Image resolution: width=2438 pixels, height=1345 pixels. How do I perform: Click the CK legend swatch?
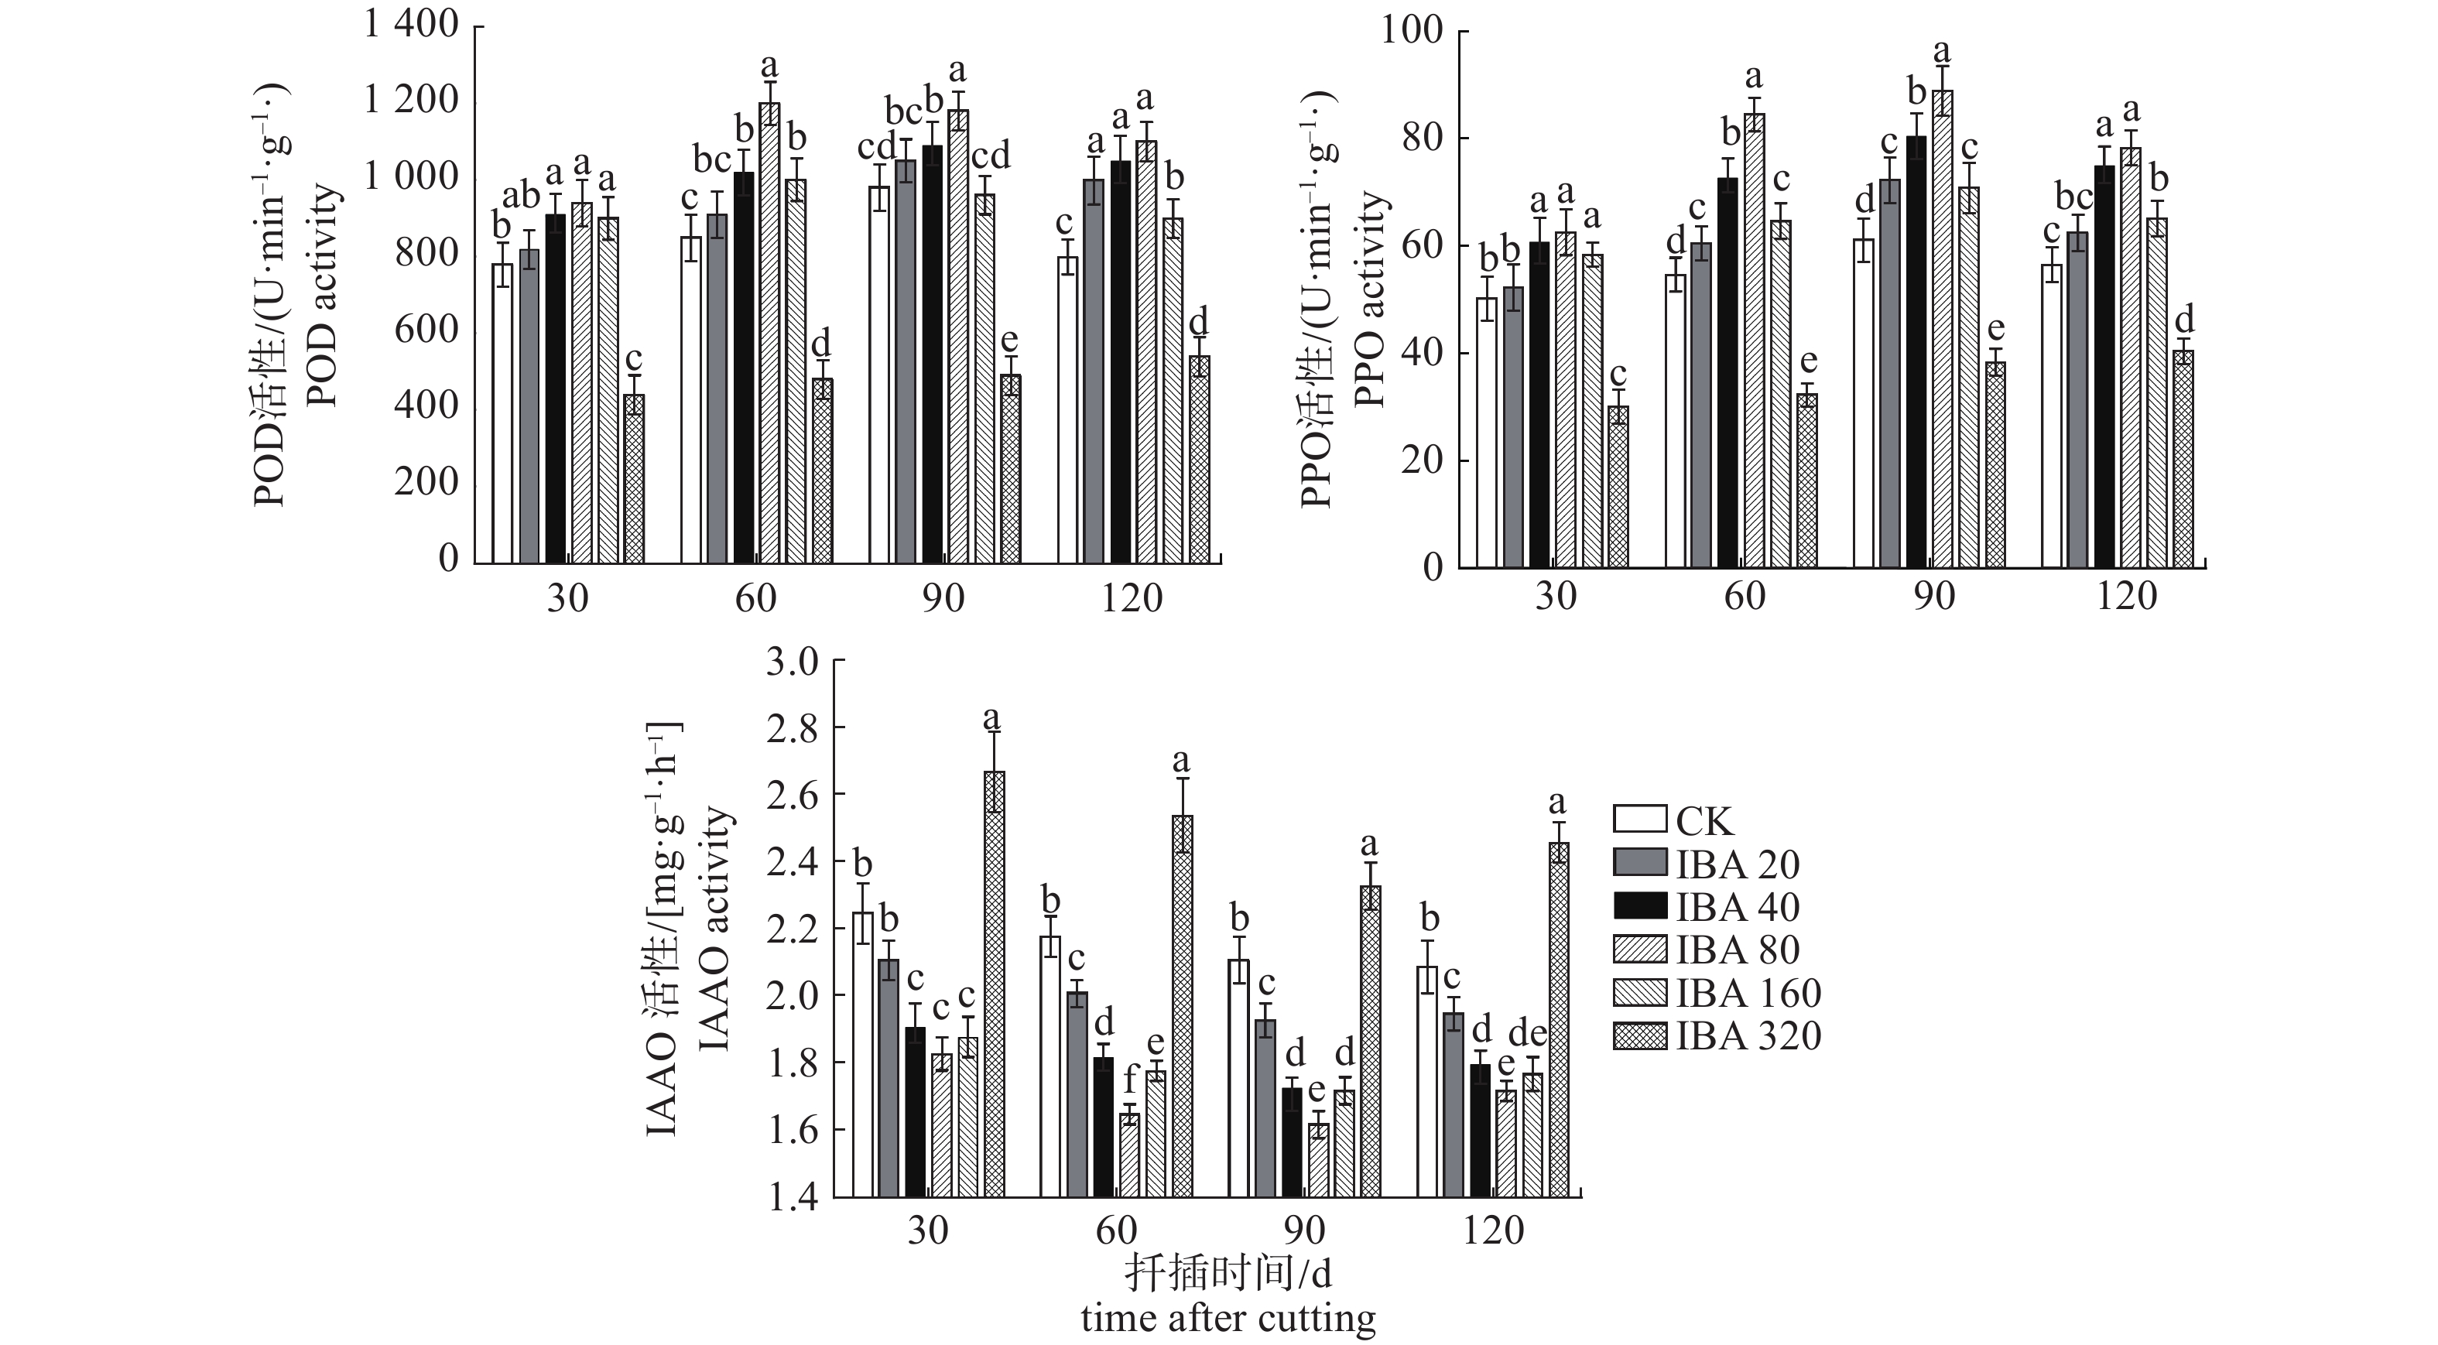pyautogui.click(x=1639, y=819)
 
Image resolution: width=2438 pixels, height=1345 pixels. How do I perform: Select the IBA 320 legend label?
pyautogui.click(x=1749, y=1035)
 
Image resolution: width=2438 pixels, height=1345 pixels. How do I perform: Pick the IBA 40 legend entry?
pyautogui.click(x=1738, y=907)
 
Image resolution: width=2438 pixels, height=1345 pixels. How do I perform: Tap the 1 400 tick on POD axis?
pyautogui.click(x=412, y=25)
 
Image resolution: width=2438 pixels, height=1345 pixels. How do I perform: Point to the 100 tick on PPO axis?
pyautogui.click(x=1411, y=30)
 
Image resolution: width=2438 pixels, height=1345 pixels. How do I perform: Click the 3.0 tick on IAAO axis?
pyautogui.click(x=793, y=662)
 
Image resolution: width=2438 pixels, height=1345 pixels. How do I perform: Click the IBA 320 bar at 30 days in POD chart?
pyautogui.click(x=634, y=478)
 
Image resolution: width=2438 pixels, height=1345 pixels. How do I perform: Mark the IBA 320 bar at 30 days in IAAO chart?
pyautogui.click(x=994, y=984)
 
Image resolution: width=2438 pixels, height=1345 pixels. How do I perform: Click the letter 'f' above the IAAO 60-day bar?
pyautogui.click(x=1128, y=1078)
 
